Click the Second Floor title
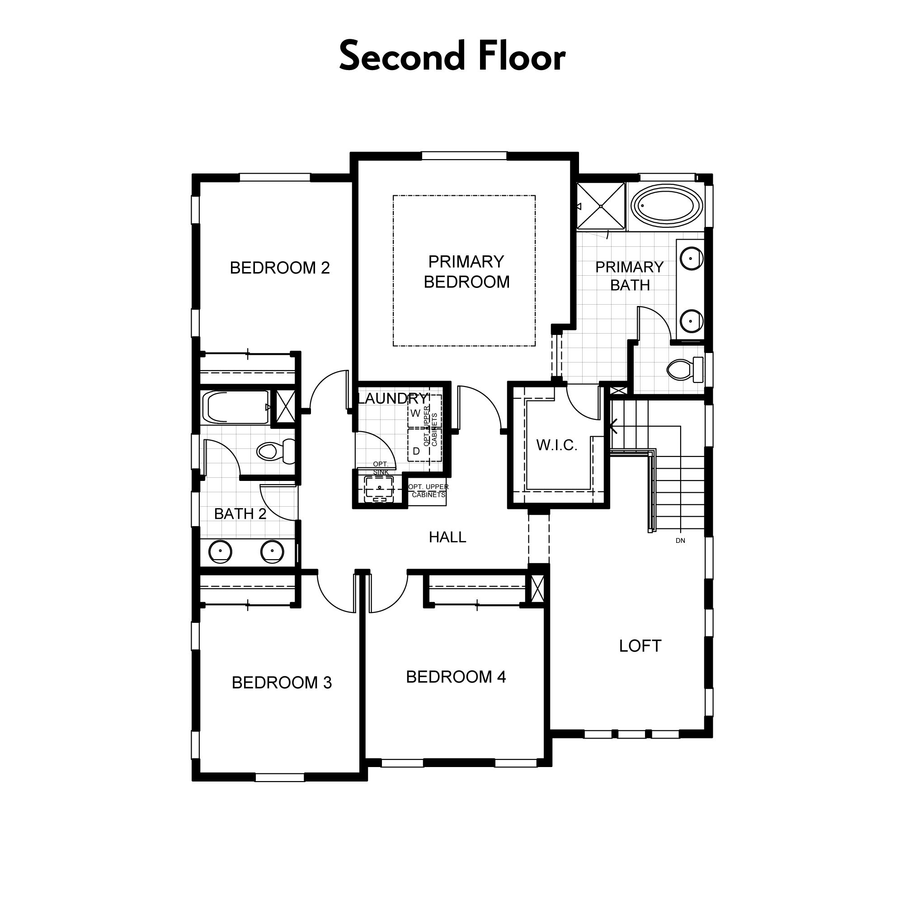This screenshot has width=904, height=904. tap(452, 56)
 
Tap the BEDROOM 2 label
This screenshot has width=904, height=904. tap(280, 268)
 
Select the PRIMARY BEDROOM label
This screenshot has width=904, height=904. tap(466, 271)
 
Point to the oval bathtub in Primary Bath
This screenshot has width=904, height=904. tap(666, 206)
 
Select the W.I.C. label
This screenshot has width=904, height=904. tap(556, 445)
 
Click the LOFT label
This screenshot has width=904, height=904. tap(640, 646)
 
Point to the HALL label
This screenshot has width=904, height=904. tap(447, 537)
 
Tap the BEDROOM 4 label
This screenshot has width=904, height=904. tap(456, 677)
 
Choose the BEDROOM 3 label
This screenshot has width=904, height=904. tap(282, 683)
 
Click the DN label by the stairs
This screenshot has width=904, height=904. tap(680, 541)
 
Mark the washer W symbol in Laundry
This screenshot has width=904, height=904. tap(415, 414)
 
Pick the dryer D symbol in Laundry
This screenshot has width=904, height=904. tap(416, 452)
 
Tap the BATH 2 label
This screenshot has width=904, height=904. tap(240, 514)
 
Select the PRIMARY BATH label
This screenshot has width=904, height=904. tap(629, 276)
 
